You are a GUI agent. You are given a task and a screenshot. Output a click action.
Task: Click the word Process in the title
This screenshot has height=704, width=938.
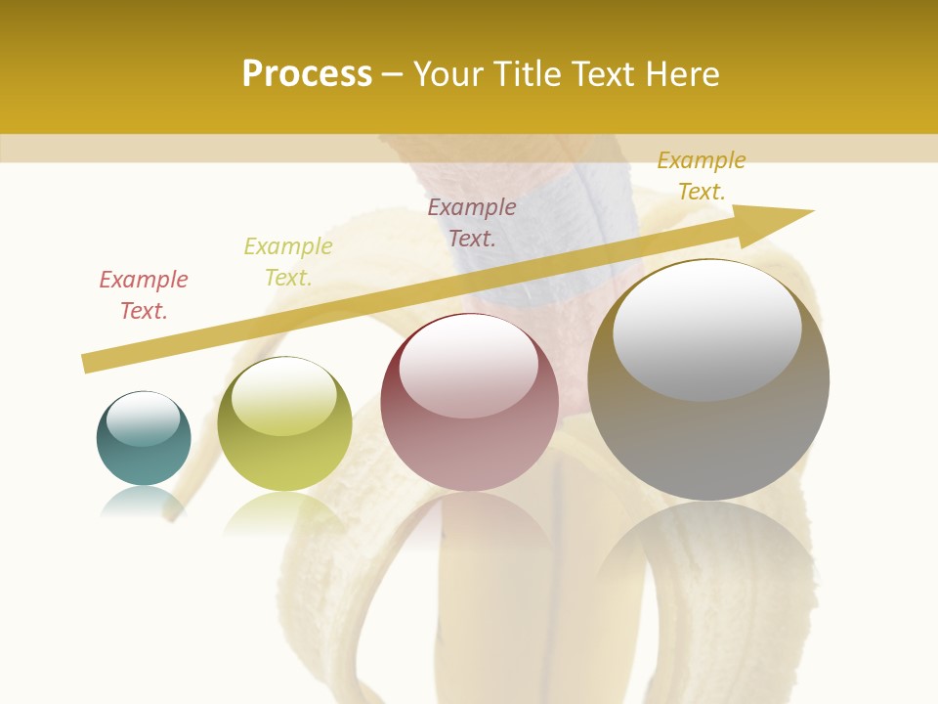point(307,73)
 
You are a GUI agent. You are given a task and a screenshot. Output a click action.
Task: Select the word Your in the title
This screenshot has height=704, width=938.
point(448,73)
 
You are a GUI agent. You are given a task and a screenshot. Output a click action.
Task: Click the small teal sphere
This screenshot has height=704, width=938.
point(144,439)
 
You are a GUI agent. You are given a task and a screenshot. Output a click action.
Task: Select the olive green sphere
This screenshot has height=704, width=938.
point(284,424)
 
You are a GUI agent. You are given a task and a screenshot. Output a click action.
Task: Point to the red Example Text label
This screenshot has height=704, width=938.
point(144,295)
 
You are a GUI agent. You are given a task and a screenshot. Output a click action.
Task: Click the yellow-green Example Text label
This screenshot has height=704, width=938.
point(287,262)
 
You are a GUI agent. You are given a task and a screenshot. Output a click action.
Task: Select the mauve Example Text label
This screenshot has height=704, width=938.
point(472,222)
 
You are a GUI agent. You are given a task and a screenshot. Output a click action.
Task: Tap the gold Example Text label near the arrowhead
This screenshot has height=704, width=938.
point(701,176)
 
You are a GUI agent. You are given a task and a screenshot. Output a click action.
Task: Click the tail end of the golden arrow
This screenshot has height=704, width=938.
point(88,363)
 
